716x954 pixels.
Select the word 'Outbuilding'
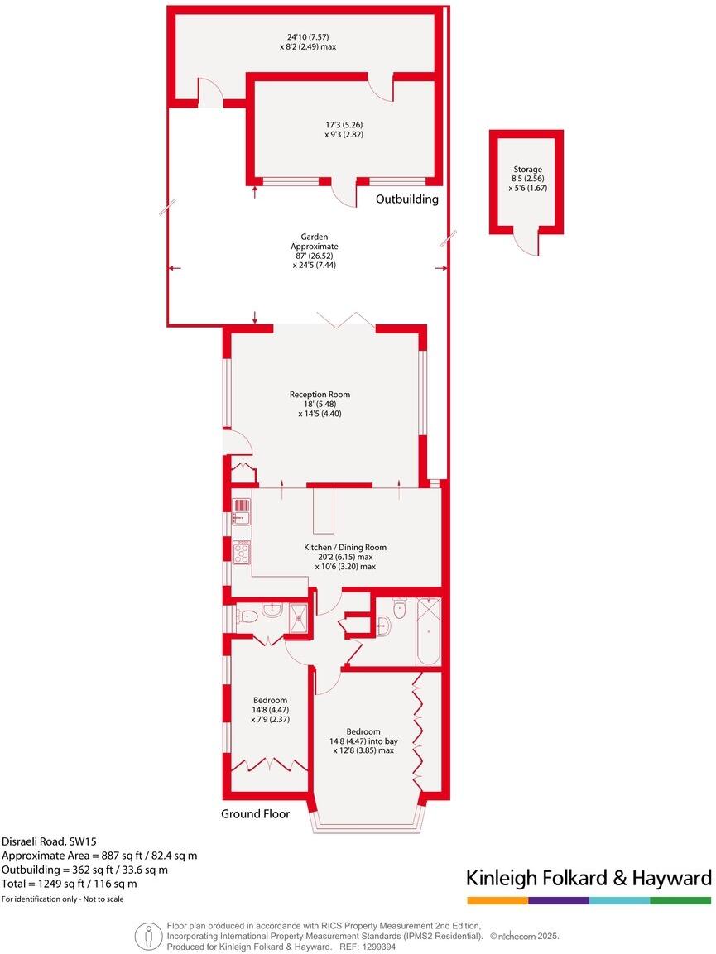click(x=406, y=199)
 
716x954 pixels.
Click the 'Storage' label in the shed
click(x=526, y=169)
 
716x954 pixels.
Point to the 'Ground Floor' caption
click(x=255, y=814)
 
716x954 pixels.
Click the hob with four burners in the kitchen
click(x=243, y=552)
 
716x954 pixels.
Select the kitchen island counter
click(x=322, y=511)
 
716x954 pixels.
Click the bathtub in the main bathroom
click(x=429, y=630)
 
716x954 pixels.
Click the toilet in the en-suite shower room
click(x=271, y=613)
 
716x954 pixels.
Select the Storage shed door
click(x=525, y=242)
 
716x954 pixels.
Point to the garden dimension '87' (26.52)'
click(x=315, y=256)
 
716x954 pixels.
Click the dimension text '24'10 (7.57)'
click(x=307, y=36)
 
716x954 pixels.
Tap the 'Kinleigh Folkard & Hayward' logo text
click(x=589, y=878)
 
